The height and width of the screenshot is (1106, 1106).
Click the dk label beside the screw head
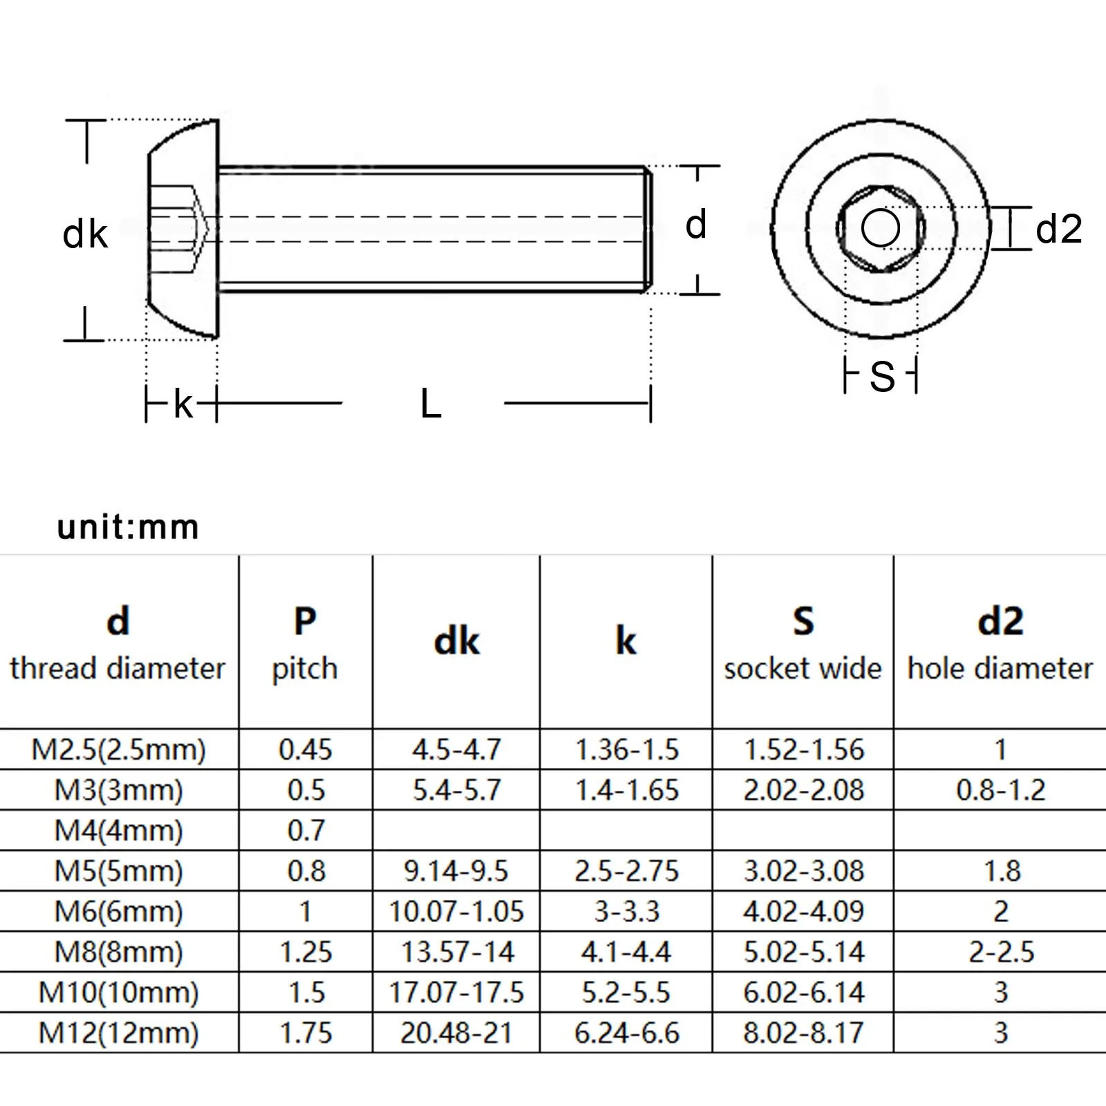click(x=85, y=234)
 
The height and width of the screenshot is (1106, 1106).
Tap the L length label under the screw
click(x=431, y=404)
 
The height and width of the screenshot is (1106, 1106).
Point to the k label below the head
click(x=183, y=404)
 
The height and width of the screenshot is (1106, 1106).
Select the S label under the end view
click(x=882, y=377)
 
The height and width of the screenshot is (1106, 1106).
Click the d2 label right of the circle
click(x=1058, y=229)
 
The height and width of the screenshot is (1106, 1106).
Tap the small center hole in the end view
click(x=881, y=229)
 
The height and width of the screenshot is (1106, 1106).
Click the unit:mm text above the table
click(x=128, y=527)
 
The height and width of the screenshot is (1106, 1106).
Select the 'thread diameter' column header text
click(x=118, y=668)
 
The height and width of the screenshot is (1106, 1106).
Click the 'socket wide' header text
click(x=803, y=668)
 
